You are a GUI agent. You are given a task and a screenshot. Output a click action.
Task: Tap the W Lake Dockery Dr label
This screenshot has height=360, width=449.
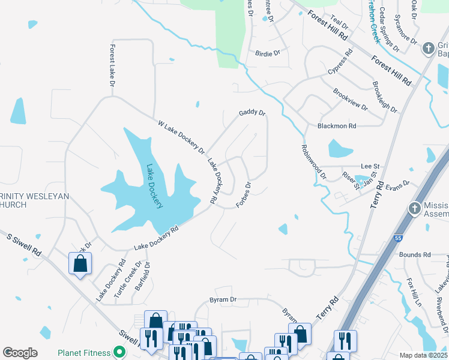click(x=181, y=136)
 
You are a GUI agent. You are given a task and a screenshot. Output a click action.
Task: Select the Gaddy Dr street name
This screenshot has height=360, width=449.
click(x=252, y=112)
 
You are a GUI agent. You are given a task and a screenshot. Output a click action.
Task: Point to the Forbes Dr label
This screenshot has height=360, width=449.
click(x=243, y=194)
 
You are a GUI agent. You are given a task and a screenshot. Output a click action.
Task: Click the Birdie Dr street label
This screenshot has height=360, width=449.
click(x=268, y=53)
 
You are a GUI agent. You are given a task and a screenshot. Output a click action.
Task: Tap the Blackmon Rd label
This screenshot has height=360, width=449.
click(x=337, y=126)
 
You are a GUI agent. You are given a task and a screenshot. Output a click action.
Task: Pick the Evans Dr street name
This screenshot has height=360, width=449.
click(x=397, y=185)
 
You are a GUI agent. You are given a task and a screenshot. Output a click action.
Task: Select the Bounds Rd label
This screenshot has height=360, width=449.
click(x=415, y=254)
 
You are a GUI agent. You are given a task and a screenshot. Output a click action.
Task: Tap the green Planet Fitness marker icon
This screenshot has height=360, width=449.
click(x=119, y=352)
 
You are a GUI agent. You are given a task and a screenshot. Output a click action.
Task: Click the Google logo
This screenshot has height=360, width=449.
click(x=20, y=353)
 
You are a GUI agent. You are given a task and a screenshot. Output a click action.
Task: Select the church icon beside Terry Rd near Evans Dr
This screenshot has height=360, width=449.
click(x=414, y=208)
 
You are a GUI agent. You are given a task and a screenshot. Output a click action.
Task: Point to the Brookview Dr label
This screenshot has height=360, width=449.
click(x=350, y=98)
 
